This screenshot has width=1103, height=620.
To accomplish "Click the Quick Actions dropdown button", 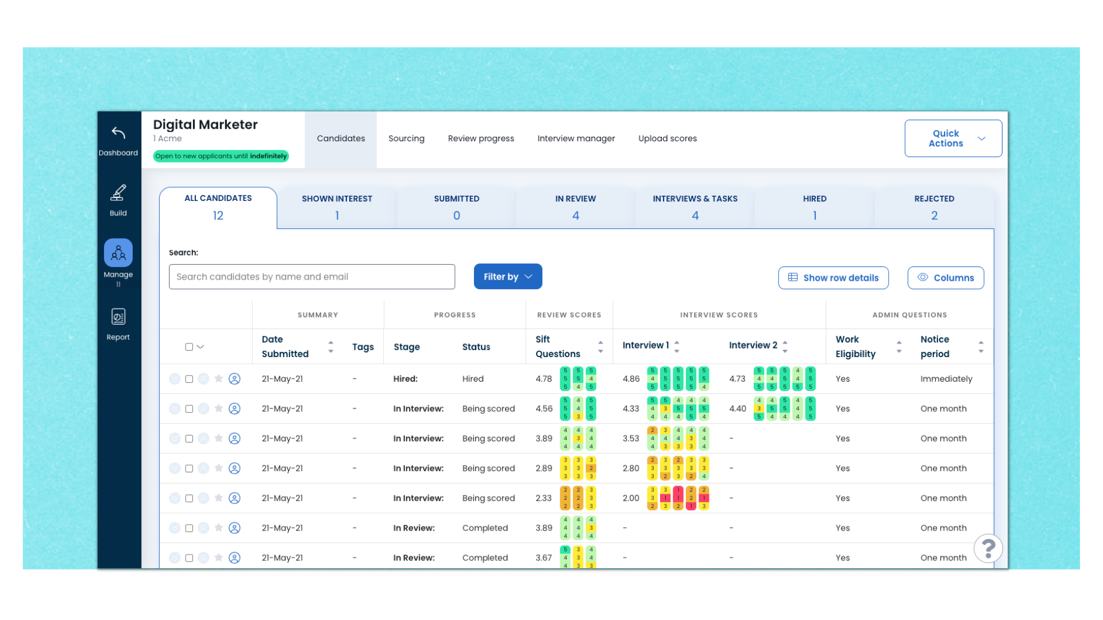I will click(953, 138).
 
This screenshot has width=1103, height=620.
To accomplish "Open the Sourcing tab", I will click(406, 138).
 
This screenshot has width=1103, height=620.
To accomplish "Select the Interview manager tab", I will click(576, 138).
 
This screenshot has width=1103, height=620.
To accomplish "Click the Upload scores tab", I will click(667, 138).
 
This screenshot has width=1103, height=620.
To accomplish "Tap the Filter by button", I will click(508, 277).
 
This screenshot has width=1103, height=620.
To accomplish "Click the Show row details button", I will click(833, 278).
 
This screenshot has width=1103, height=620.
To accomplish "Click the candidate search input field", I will click(311, 277).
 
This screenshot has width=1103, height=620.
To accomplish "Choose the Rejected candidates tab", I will click(934, 207).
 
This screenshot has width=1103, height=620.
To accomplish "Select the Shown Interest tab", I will click(337, 207).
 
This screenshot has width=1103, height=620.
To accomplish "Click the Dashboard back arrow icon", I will click(118, 133).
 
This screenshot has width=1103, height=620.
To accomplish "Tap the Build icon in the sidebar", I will click(118, 193).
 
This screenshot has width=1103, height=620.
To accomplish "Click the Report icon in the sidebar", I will click(118, 317).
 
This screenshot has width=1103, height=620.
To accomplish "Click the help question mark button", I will click(988, 549).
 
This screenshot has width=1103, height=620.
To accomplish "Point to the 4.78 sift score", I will click(543, 379).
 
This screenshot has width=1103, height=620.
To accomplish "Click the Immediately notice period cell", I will click(946, 379).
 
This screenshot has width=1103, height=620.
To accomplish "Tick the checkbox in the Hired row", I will click(189, 379).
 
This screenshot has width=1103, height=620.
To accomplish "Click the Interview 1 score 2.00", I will click(631, 498).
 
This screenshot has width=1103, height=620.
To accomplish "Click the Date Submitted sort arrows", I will click(330, 347).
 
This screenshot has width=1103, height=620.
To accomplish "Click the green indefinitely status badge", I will click(221, 156).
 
